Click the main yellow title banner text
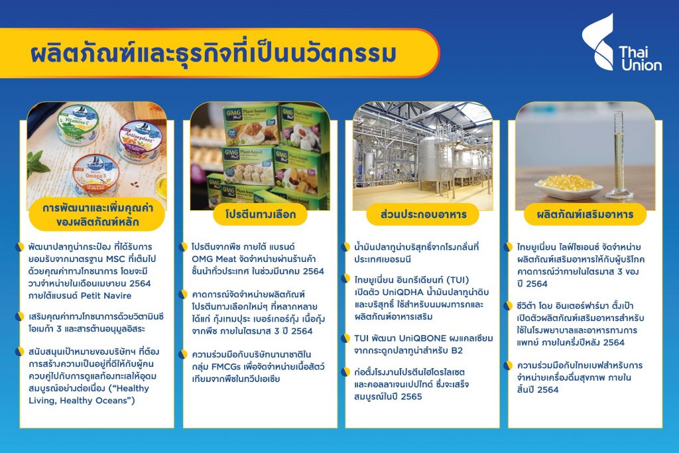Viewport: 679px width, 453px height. click(214, 54)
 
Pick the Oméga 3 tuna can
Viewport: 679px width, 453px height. click(95, 174)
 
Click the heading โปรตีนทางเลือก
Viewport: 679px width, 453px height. click(260, 214)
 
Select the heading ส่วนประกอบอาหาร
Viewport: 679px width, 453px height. click(423, 214)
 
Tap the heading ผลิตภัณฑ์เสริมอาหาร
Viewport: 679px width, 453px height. click(585, 214)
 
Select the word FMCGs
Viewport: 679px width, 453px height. click(225, 367)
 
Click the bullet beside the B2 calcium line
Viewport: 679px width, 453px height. click(345, 338)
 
